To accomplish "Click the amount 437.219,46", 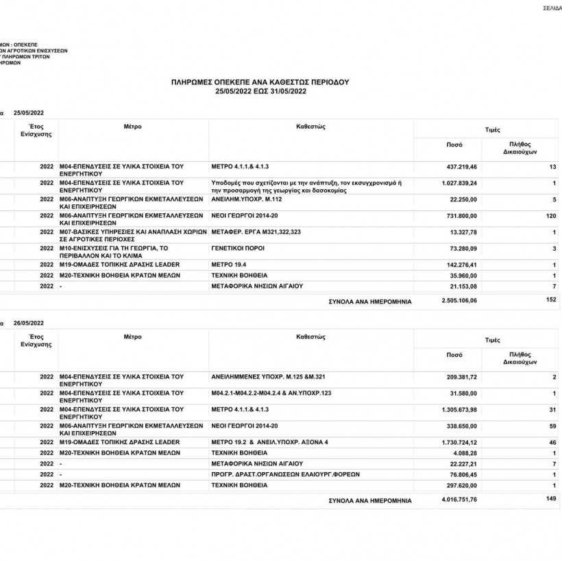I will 462,167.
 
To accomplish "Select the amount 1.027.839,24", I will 457,183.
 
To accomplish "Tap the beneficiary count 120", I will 550,216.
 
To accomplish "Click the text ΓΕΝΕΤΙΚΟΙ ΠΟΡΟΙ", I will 238,248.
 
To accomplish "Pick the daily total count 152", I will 550,300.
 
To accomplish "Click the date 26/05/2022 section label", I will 28,323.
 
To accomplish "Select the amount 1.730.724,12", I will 457,442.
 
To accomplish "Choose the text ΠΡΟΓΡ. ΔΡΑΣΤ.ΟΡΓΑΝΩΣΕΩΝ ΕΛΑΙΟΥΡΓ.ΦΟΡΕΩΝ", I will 286,474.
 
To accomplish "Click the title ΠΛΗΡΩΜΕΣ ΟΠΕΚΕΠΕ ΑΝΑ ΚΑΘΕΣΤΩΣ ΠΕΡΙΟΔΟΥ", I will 260,82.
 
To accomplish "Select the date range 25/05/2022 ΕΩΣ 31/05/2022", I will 260,90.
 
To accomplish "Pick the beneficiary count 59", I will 552,426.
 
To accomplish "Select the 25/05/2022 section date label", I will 28,112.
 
